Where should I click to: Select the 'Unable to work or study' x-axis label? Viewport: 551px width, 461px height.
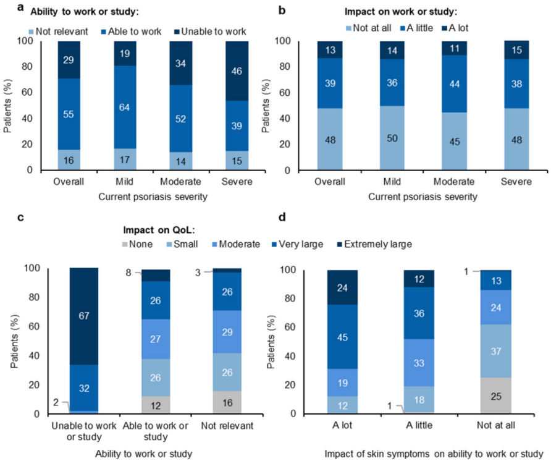[83, 431]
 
